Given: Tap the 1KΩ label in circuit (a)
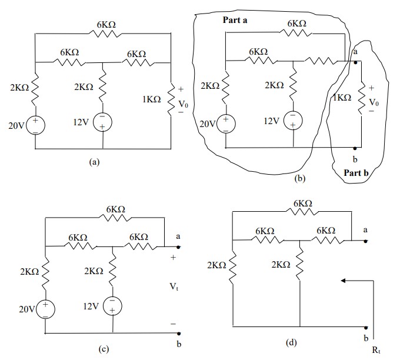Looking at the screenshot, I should pyautogui.click(x=151, y=100).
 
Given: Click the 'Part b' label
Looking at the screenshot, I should pyautogui.click(x=356, y=172).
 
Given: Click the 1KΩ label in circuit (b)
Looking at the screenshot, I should pyautogui.click(x=342, y=98).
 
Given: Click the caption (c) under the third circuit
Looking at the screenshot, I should pyautogui.click(x=104, y=349).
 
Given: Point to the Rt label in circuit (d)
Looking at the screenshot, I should pyautogui.click(x=376, y=350).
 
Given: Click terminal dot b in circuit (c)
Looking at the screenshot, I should pyautogui.click(x=178, y=334).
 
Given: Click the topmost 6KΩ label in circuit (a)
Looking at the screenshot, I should pyautogui.click(x=108, y=25).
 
